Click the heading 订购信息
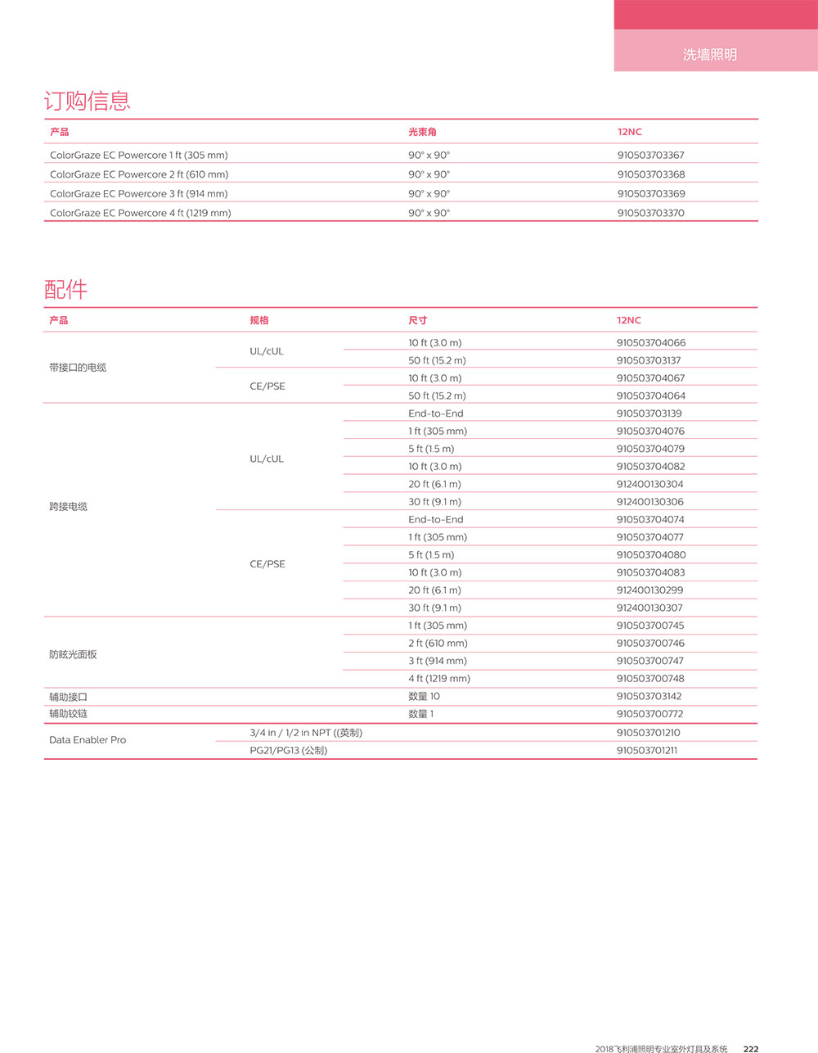pos(87,101)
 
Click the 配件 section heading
pos(65,289)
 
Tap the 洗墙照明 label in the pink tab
pos(709,54)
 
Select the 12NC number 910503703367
pos(650,155)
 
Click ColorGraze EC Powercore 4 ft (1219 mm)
pos(140,213)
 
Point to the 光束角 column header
pos(422,132)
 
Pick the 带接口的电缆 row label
pos(78,368)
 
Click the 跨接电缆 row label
pos(68,507)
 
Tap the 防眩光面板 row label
pos(73,654)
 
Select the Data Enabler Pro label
pos(88,739)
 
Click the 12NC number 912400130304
pos(649,484)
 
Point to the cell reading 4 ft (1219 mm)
pos(439,678)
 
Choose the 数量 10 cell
pos(424,696)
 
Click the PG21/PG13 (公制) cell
pos(288,750)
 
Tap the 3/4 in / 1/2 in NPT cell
pos(305,733)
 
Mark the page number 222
pos(750,1049)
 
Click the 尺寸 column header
pos(417,320)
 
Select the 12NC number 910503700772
pos(649,714)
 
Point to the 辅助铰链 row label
pos(68,714)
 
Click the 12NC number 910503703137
pos(649,360)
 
